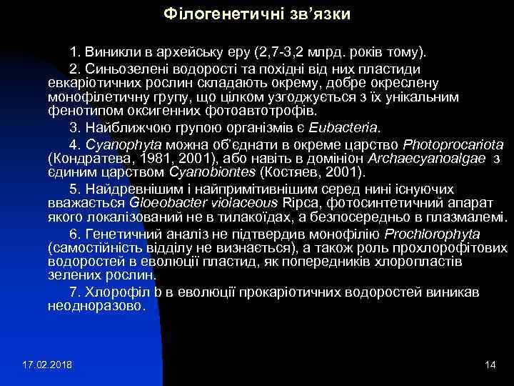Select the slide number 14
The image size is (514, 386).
click(489, 366)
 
